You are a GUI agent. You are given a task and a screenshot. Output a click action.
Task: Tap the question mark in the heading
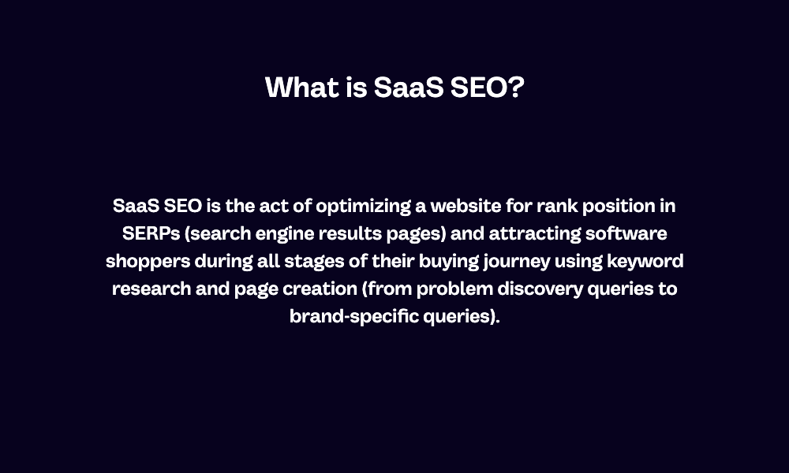516,87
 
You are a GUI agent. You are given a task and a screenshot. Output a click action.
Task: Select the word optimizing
363,207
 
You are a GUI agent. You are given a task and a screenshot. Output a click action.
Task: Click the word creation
315,289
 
